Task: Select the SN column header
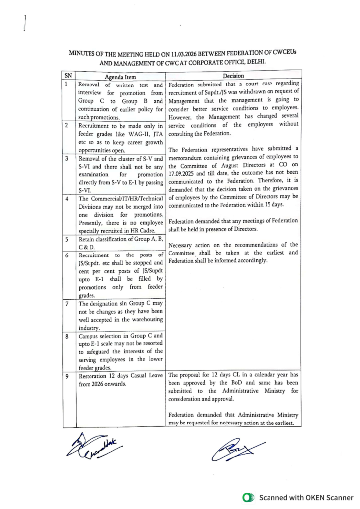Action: pos(68,76)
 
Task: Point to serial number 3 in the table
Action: pos(67,158)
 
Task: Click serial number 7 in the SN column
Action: pos(67,304)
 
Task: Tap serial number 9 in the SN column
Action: pos(67,376)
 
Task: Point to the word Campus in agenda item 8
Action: pos(90,336)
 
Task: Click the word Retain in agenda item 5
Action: pos(88,239)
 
